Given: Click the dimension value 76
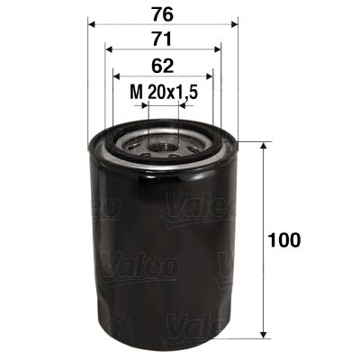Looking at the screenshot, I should click(162, 13).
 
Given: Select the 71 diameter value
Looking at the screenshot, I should click(162, 39).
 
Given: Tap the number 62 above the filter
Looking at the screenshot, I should click(162, 65).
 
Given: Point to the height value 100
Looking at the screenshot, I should click(284, 240).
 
